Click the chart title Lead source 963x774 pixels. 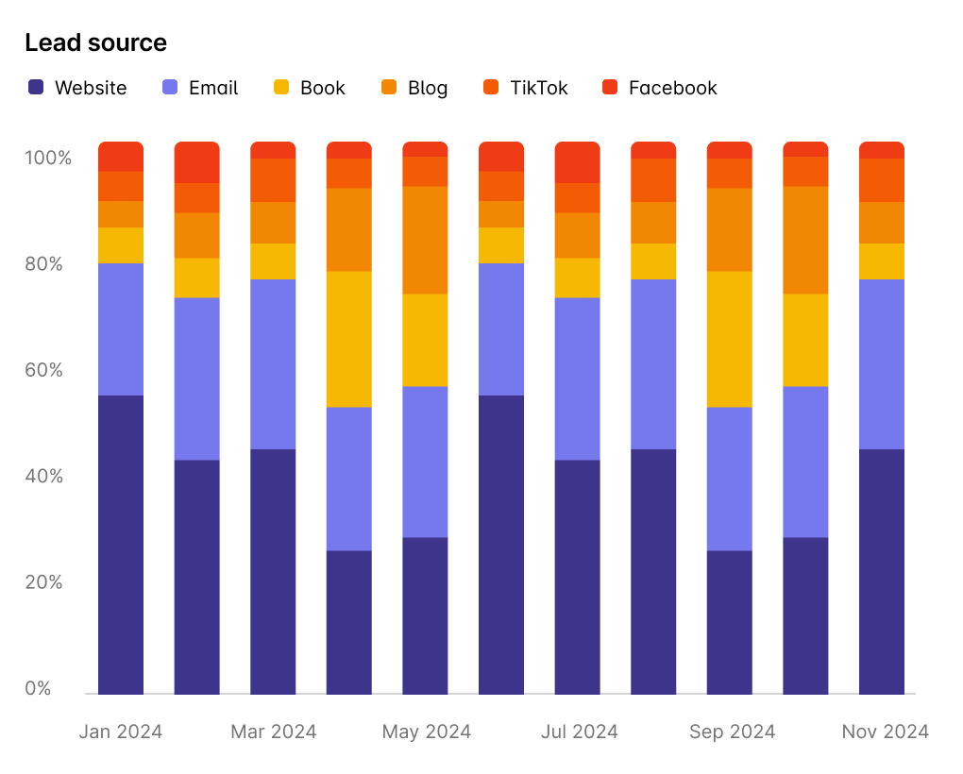click(x=95, y=43)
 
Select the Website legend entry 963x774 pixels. click(x=78, y=88)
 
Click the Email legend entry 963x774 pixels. click(x=201, y=88)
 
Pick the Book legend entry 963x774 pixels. click(x=311, y=88)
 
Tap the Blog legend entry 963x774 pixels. click(x=415, y=88)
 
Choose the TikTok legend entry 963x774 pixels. click(x=527, y=88)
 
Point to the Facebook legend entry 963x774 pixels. click(x=660, y=88)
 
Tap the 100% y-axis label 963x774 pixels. click(x=47, y=158)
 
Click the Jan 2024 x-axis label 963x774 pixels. click(x=121, y=732)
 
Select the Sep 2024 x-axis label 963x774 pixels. click(x=732, y=732)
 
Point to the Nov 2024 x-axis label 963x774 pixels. click(x=885, y=732)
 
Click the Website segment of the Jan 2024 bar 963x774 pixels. click(x=121, y=545)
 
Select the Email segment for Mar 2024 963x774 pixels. click(x=273, y=364)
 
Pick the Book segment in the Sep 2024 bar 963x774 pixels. click(x=730, y=340)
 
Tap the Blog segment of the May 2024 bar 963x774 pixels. click(x=425, y=240)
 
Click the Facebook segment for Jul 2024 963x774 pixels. click(x=577, y=162)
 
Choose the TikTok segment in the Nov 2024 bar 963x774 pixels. click(x=882, y=180)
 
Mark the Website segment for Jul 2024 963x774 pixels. click(x=577, y=577)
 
